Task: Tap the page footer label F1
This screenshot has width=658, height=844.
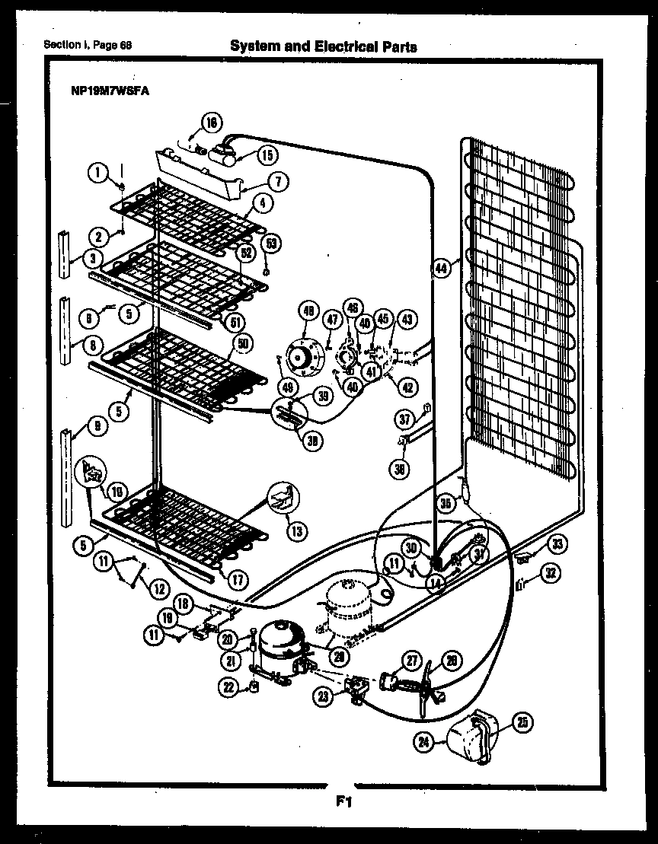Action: pos(342,801)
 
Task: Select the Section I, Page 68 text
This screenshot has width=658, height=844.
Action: pos(88,45)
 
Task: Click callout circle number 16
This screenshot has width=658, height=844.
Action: pos(211,122)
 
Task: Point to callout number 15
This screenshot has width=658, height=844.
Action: pos(267,155)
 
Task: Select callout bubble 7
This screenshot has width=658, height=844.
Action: pos(279,182)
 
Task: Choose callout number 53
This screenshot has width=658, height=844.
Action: pos(271,243)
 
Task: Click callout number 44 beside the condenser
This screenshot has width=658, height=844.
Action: pos(442,266)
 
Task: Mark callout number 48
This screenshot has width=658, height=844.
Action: pos(308,310)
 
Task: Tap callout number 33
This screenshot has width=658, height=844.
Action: pos(558,543)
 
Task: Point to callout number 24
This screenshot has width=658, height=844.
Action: pos(426,739)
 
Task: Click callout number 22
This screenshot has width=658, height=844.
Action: pos(228,688)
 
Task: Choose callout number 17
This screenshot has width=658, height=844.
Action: pos(238,579)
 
